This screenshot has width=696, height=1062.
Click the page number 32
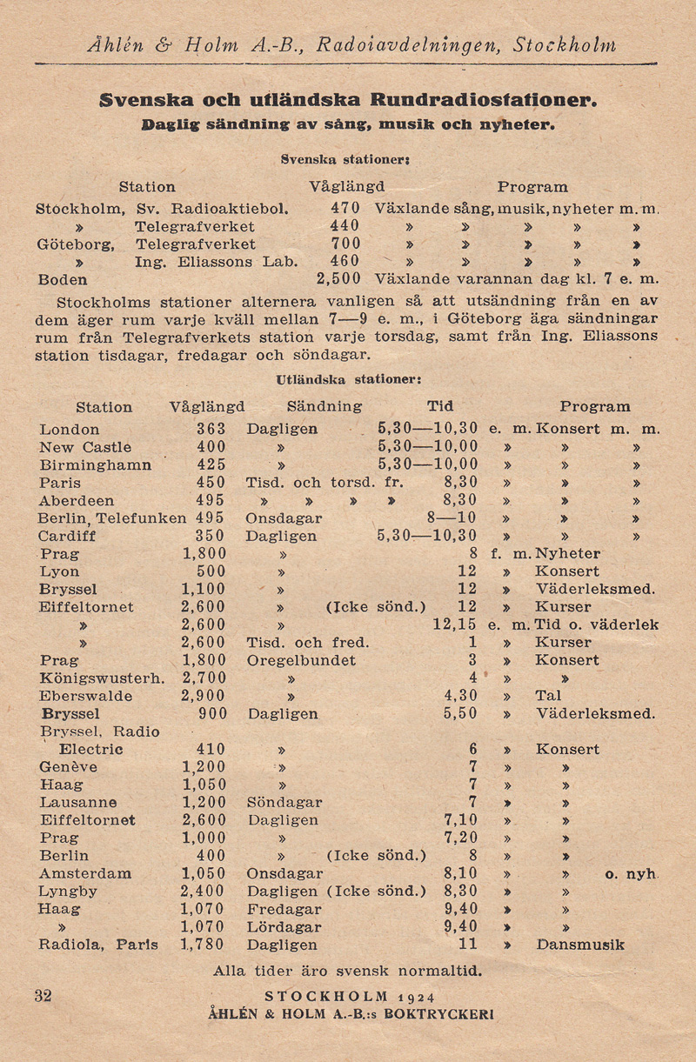click(x=43, y=996)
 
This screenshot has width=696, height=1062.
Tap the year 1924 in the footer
click(x=415, y=997)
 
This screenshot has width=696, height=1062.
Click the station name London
click(x=70, y=429)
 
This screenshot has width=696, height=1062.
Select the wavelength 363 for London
click(x=211, y=429)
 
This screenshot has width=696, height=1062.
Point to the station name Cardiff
click(x=67, y=536)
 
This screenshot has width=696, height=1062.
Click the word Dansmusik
click(x=580, y=944)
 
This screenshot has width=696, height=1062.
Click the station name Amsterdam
click(x=85, y=872)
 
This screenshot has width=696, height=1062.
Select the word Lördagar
click(x=284, y=926)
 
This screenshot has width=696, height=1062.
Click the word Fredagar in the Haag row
click(x=284, y=908)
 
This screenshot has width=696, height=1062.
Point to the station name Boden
click(x=63, y=280)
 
